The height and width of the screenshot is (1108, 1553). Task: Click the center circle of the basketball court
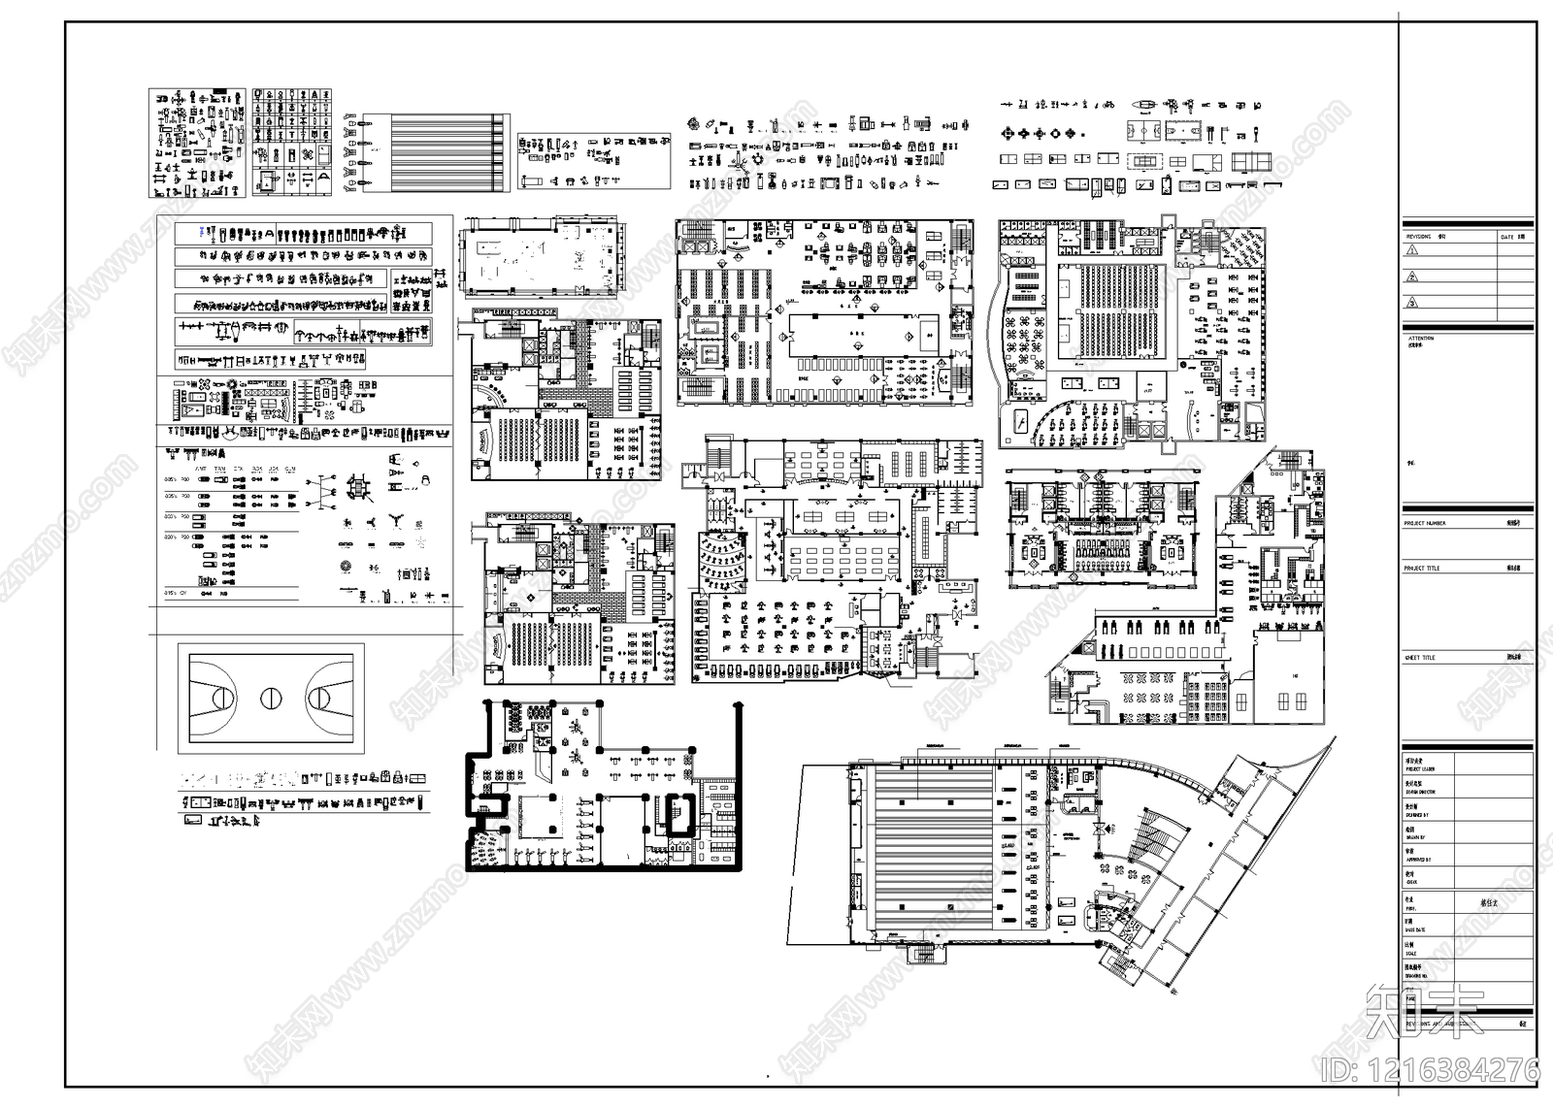click(x=271, y=698)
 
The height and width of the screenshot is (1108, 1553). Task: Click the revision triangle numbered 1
click(x=1412, y=249)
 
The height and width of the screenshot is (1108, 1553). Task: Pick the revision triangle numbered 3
click(x=1412, y=302)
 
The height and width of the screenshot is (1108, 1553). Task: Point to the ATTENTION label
click(x=1420, y=339)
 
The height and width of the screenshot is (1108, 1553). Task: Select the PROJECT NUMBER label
click(x=1425, y=523)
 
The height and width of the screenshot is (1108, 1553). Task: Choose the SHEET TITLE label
click(x=1420, y=658)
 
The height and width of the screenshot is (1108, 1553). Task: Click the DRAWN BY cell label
click(x=1418, y=814)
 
